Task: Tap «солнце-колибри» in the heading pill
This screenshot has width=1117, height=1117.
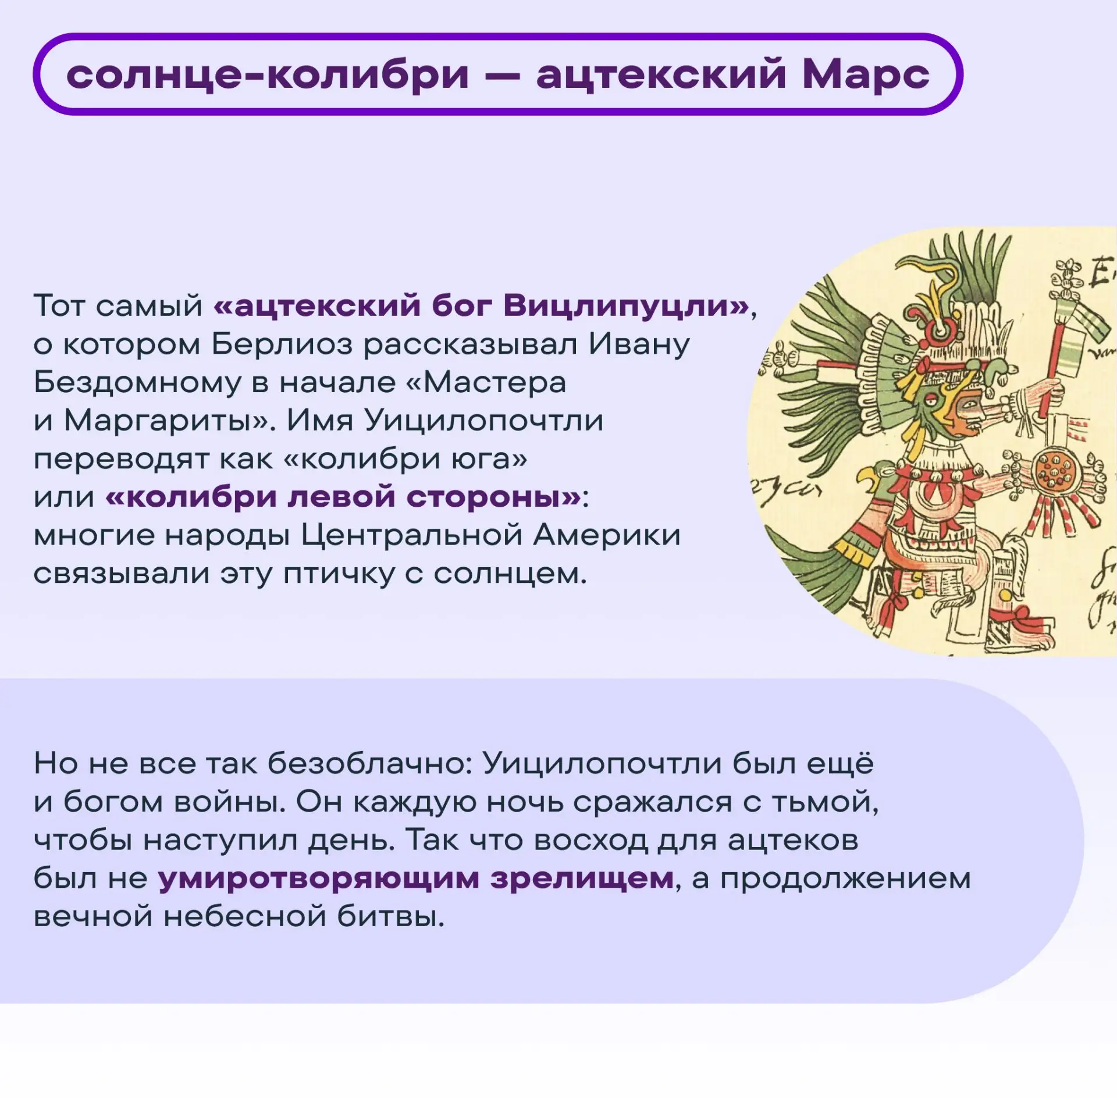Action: click(x=268, y=74)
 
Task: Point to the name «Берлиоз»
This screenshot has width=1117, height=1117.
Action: click(x=282, y=344)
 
